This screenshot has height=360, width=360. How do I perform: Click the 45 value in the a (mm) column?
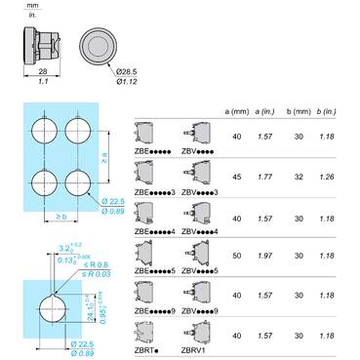coord(237,178)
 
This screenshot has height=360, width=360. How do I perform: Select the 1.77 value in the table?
coord(263,178)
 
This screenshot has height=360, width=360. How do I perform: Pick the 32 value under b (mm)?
coord(299,178)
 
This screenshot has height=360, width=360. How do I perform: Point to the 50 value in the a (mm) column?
coord(237,255)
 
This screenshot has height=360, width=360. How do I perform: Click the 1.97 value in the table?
coord(263,255)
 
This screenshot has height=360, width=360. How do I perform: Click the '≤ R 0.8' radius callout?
coord(93,265)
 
